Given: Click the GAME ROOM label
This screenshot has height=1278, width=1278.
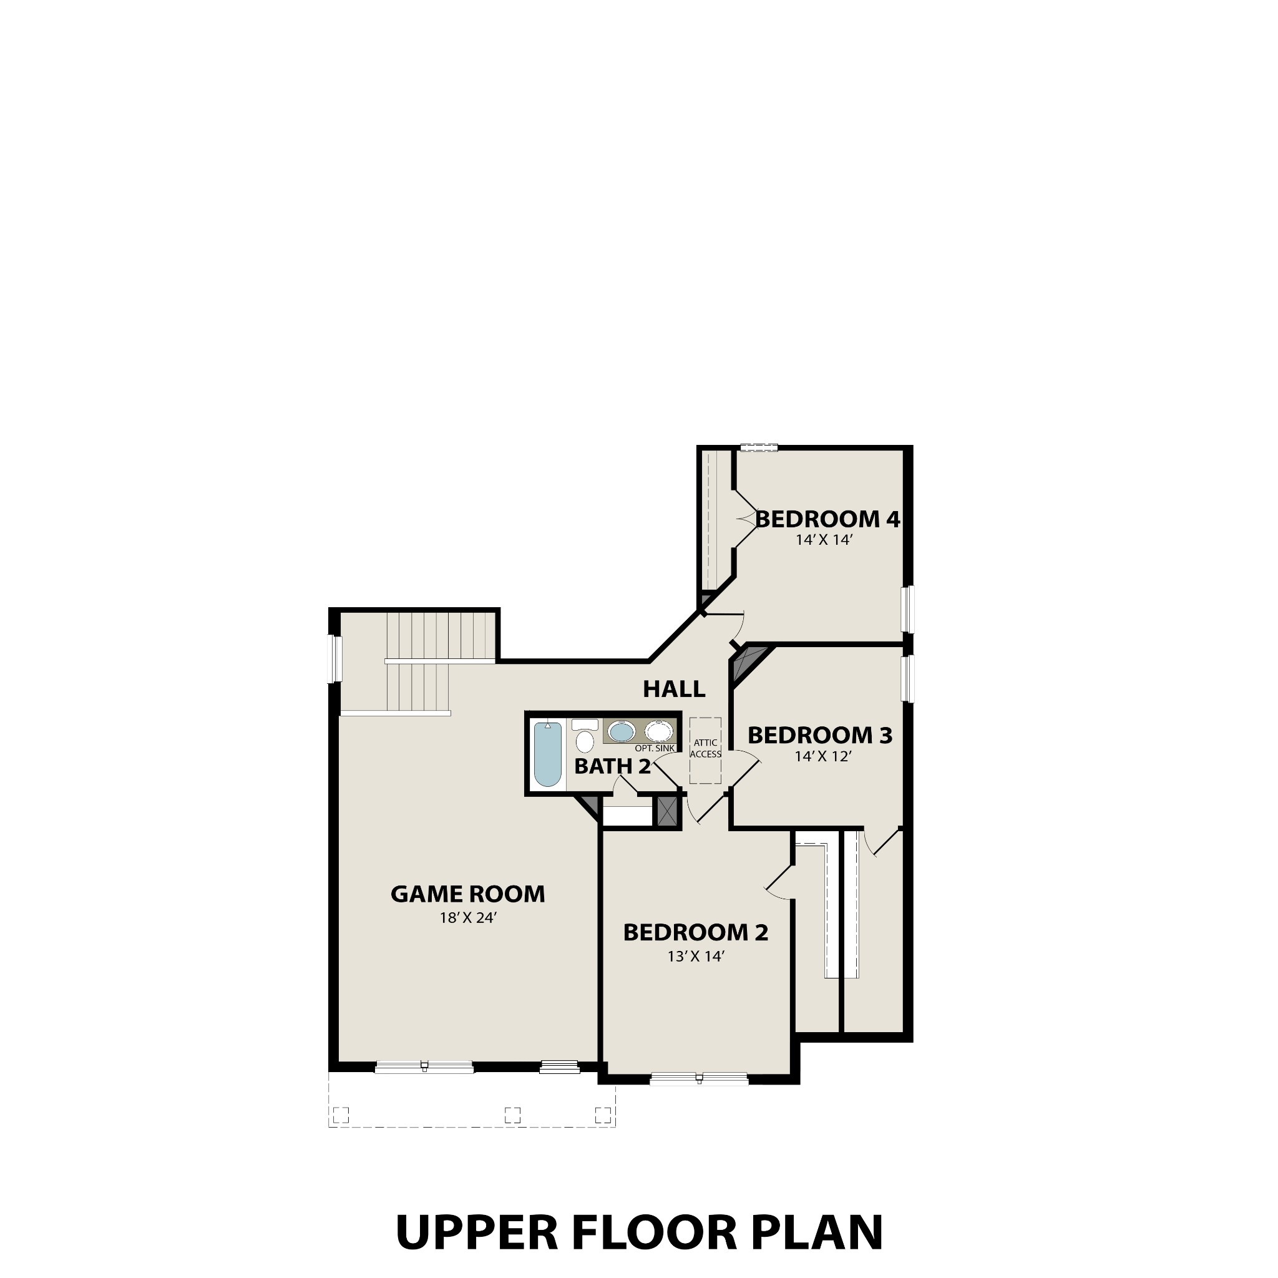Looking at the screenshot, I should [467, 894].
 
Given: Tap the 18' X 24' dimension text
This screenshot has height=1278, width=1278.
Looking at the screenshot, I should [467, 918].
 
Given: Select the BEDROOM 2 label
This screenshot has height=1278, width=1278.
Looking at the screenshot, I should [695, 933].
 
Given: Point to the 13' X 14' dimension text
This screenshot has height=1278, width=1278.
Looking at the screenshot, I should [696, 956].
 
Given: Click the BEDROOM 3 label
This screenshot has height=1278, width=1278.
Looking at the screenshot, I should [819, 735].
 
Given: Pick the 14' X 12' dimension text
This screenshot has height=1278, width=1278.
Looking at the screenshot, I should [822, 756].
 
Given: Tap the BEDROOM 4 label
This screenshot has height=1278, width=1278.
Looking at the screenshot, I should [827, 519].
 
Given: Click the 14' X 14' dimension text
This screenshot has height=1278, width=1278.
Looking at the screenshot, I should [824, 540].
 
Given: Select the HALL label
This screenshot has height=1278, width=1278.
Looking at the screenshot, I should [674, 690].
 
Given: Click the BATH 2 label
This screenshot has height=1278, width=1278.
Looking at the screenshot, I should [613, 767].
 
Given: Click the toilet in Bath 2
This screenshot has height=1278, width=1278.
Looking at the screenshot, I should [585, 738].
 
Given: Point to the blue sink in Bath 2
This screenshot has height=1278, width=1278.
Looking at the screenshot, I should [621, 731].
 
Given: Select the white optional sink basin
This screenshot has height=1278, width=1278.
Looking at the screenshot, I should [659, 731].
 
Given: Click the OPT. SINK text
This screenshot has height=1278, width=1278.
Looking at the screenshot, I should [654, 748].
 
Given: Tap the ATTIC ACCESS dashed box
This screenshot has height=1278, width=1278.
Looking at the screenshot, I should [705, 750].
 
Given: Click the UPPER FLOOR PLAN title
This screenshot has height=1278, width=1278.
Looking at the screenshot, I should [639, 1232].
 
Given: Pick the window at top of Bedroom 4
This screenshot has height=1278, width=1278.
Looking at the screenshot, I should [758, 448].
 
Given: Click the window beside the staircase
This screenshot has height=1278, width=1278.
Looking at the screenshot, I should [337, 659].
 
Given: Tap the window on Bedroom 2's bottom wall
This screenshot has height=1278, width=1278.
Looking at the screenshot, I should [698, 1078].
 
